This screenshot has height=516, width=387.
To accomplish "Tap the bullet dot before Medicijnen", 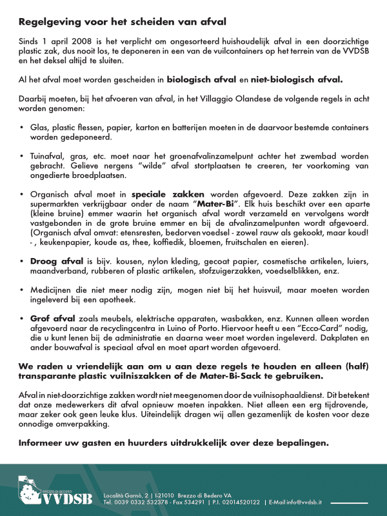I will coord(23,290).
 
